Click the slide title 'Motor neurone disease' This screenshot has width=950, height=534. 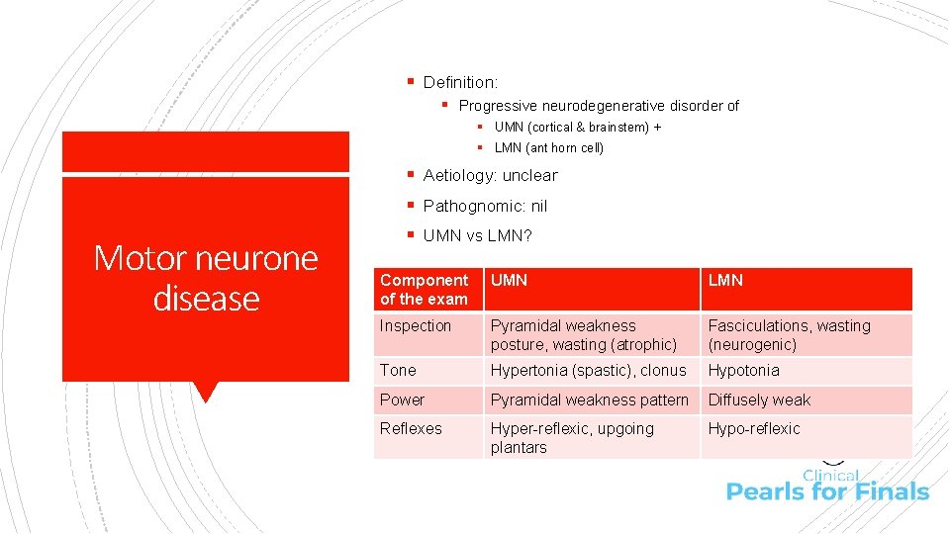tap(206, 278)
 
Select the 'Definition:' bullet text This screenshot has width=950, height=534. tap(460, 82)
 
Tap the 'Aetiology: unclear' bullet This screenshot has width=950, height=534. tap(490, 175)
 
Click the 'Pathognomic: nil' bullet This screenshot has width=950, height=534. tap(485, 206)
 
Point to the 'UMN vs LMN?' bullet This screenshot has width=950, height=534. tap(477, 235)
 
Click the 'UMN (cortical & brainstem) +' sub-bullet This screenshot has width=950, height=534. tap(578, 127)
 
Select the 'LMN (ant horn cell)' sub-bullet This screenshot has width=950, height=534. tap(548, 147)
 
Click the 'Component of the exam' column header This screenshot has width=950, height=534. tap(425, 289)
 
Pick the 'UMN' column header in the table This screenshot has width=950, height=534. tap(510, 280)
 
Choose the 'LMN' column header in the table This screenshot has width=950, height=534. tap(725, 280)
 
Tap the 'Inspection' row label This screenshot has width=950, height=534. tap(416, 325)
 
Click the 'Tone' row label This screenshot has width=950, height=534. tap(398, 370)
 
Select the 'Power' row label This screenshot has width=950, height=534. tap(402, 400)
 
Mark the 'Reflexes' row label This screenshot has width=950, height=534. tap(411, 428)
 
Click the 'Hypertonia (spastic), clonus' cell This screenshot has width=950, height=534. tap(588, 370)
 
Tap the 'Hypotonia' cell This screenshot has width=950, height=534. tap(743, 370)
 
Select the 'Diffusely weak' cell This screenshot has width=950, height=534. tap(759, 400)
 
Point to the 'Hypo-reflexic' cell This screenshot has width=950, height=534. tap(754, 428)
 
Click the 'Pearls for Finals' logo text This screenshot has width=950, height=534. tap(827, 491)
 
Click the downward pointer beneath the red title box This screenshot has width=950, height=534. tap(206, 392)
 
